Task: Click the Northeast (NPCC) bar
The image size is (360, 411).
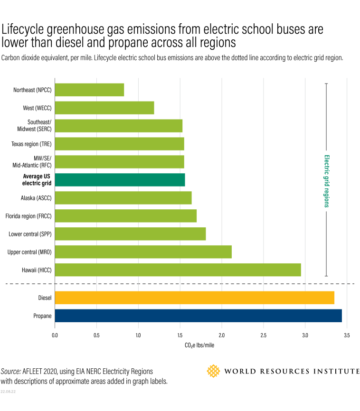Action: [89, 90]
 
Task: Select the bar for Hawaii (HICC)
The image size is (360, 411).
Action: [178, 270]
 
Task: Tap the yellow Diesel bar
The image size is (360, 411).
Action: [194, 298]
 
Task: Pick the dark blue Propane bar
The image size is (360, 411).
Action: [198, 316]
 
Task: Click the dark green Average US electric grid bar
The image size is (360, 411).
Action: [120, 180]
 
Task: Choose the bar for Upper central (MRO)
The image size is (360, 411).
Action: [143, 252]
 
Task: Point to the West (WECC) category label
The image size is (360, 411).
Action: [37, 108]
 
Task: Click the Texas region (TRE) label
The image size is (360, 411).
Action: [31, 144]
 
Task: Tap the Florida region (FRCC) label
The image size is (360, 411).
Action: [28, 216]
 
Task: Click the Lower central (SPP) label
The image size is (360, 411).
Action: [30, 234]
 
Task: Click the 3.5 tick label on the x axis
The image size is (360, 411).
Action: [347, 336]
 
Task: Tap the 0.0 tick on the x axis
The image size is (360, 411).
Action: [55, 336]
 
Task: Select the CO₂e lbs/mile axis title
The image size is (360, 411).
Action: [199, 345]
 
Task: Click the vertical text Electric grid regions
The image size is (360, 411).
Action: [326, 181]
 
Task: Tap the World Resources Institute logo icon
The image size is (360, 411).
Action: [214, 371]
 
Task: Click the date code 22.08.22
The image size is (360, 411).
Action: [8, 392]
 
